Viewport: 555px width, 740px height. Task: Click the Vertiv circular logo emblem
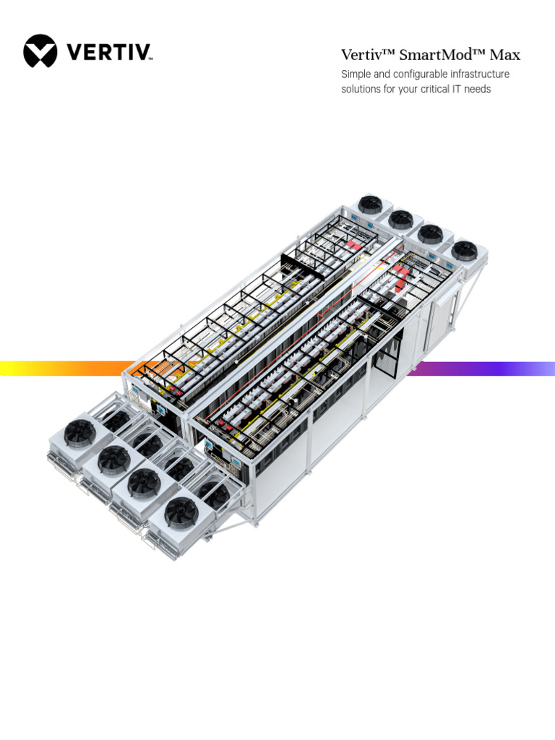pyautogui.click(x=40, y=51)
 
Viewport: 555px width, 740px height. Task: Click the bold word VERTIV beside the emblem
pyautogui.click(x=109, y=52)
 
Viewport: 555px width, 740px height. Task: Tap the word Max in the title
pyautogui.click(x=505, y=55)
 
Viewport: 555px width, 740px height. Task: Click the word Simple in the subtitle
pyautogui.click(x=356, y=74)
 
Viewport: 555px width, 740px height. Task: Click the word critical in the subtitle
pyautogui.click(x=434, y=89)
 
